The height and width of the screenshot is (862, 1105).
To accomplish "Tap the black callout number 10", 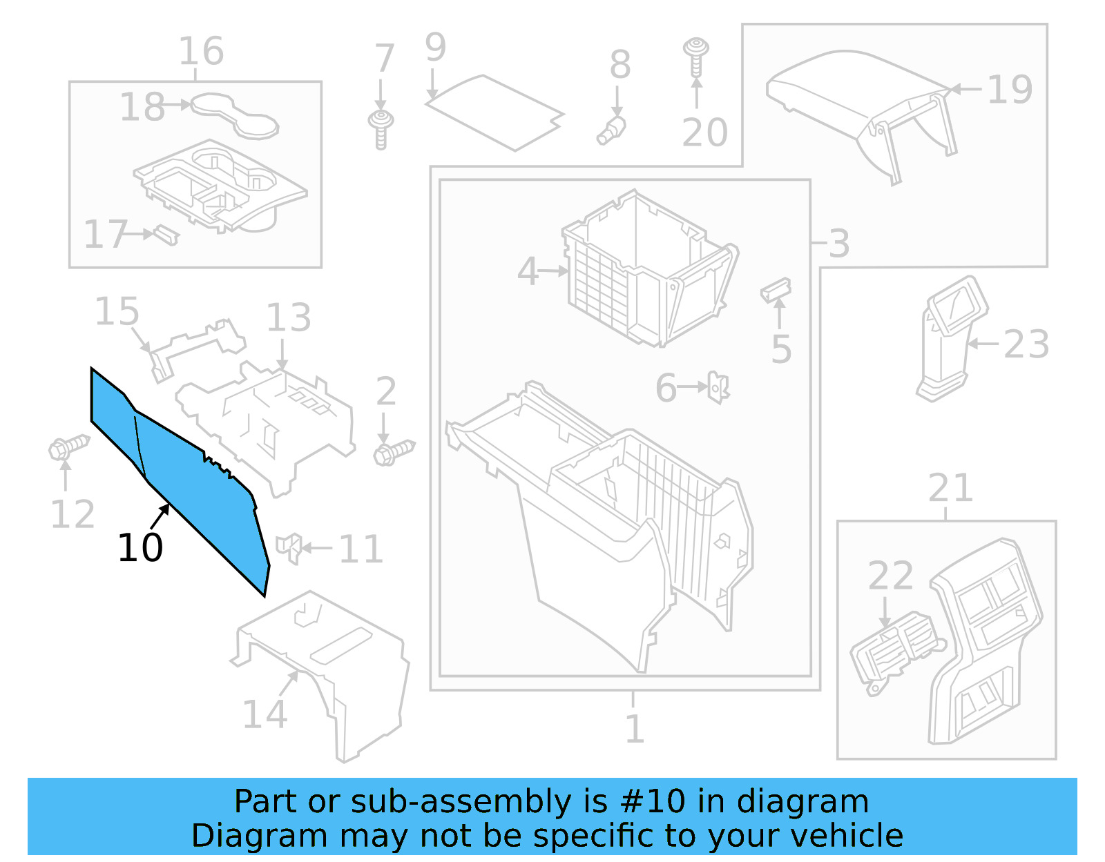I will tap(140, 548).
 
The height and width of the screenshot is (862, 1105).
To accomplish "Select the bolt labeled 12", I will tap(68, 447).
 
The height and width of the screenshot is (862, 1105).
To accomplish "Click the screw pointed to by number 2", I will tap(394, 452).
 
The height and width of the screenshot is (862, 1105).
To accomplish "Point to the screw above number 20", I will tap(696, 55).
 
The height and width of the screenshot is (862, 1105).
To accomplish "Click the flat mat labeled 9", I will tap(494, 112).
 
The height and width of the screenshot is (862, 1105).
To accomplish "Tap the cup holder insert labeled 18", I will tap(235, 114).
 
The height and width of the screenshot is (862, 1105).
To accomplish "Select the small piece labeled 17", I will tap(166, 234).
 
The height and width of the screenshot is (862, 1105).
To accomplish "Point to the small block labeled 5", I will tap(776, 290).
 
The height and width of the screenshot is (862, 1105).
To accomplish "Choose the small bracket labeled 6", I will tap(718, 387).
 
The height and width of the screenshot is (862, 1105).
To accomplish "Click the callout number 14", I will tap(265, 714).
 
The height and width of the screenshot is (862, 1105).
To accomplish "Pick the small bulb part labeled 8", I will tap(611, 130).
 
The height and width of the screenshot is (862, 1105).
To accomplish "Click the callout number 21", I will tap(950, 489).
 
